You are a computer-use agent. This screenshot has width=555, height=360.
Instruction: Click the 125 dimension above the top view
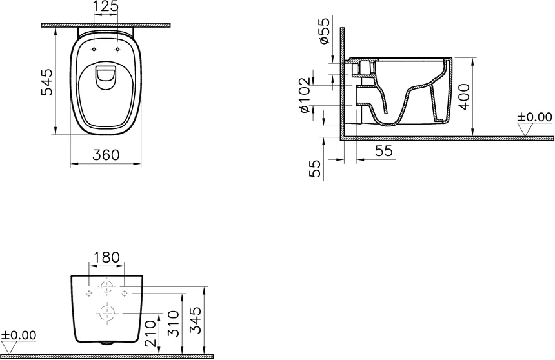click(x=106, y=8)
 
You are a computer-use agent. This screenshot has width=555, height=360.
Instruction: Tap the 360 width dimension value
click(x=105, y=155)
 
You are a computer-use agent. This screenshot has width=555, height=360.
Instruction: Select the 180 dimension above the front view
click(x=106, y=257)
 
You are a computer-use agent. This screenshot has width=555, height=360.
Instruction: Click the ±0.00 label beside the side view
click(x=535, y=117)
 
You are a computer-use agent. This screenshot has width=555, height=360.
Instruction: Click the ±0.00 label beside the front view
click(x=19, y=335)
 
